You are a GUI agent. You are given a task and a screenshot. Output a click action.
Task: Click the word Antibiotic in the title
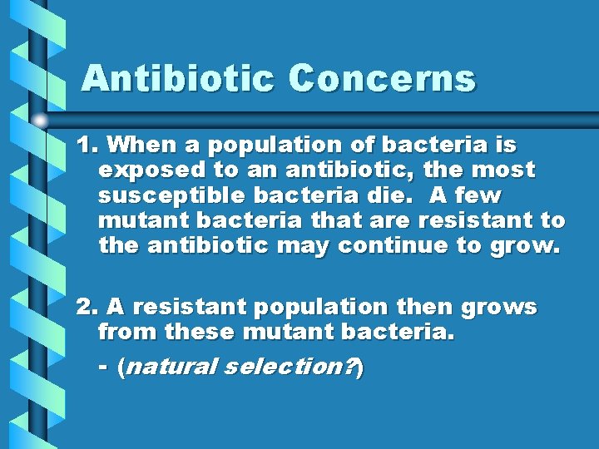point(178,78)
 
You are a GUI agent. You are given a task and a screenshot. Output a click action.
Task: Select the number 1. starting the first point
point(87,146)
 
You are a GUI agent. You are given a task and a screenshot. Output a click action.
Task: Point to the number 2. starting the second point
point(87,308)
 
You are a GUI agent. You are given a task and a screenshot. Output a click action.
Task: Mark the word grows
point(499,308)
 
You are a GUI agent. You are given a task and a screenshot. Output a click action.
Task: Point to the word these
point(202,333)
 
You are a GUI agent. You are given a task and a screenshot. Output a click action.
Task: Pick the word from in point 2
point(128,333)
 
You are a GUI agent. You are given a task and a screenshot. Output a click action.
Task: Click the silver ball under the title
point(41,121)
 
